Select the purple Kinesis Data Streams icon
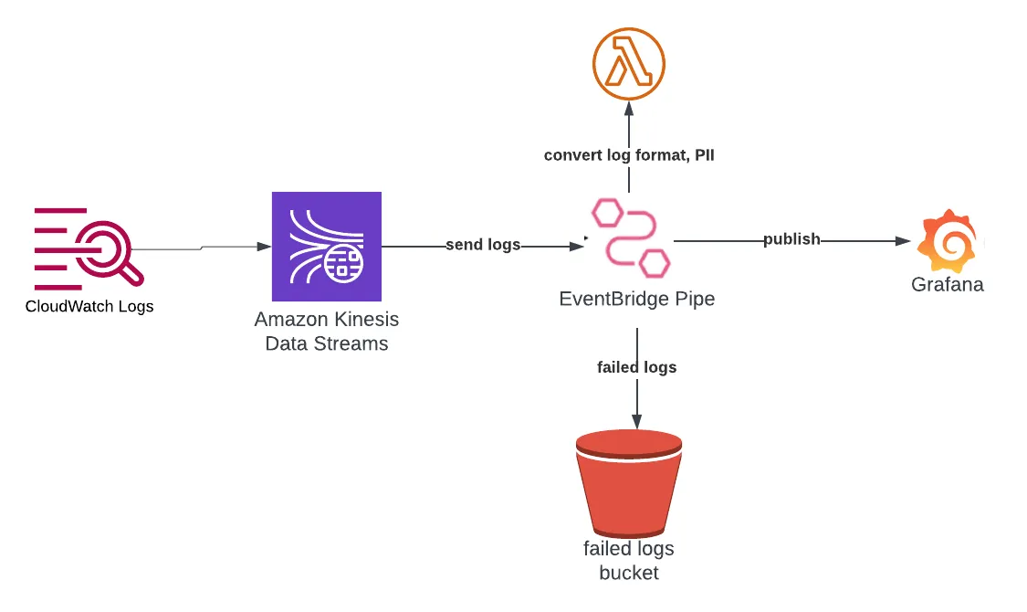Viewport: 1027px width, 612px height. click(326, 247)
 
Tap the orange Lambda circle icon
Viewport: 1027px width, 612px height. click(628, 64)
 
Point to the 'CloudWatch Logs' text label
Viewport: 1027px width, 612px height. click(89, 307)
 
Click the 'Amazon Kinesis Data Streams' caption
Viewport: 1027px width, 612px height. click(326, 332)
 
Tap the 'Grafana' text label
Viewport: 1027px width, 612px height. click(948, 285)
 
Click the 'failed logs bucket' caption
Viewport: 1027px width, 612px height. click(629, 561)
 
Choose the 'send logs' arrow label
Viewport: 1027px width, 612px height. click(483, 245)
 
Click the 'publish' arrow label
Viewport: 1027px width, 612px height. click(791, 239)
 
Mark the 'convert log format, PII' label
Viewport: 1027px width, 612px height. click(629, 155)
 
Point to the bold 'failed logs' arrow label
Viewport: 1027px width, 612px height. click(636, 367)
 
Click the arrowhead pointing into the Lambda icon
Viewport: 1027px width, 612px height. click(628, 109)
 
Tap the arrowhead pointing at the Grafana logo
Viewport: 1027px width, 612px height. click(904, 241)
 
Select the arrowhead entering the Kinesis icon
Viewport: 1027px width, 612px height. click(264, 247)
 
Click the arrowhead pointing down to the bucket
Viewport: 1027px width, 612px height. click(636, 421)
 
